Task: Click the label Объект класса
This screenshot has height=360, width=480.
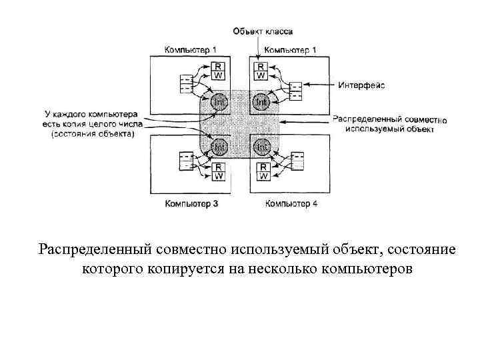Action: point(262,31)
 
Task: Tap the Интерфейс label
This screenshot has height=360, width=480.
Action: point(361,85)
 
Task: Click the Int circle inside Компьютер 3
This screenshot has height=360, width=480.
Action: point(219,145)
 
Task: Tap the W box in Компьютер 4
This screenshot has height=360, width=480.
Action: point(263,176)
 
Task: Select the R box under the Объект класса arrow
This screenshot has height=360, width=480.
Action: point(261,67)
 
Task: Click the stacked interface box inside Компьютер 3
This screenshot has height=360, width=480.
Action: point(186,161)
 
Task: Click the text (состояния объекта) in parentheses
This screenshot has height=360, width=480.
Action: point(93,133)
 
